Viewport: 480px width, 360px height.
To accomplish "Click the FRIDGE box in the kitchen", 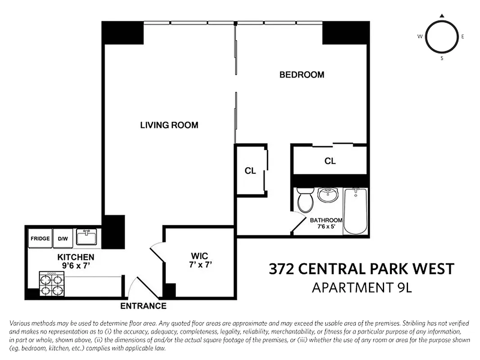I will point(40,238).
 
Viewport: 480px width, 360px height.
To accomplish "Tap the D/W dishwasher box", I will point(63,238).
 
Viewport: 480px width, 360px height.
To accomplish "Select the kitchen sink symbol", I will point(86,237).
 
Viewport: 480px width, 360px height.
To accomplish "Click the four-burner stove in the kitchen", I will point(51,284).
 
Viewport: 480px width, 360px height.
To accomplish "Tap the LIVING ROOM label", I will point(169,125).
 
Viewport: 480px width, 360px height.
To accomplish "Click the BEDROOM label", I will point(301,75).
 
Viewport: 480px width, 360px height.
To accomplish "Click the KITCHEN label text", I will point(76,257).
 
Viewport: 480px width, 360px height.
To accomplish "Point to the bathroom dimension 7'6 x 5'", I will point(326,227).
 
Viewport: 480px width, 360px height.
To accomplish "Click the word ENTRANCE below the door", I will point(143,306).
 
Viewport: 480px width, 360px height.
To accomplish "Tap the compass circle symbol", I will point(441,36).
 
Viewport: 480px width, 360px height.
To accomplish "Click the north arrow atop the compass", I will point(442,16).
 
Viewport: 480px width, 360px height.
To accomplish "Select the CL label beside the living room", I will point(250,171).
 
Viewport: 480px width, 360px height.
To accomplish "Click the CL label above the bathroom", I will point(330,161).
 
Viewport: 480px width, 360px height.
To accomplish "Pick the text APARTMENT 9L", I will point(362,287).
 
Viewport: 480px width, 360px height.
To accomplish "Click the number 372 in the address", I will point(283,269).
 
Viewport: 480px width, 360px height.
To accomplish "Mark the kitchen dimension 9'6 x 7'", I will point(76,265).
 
